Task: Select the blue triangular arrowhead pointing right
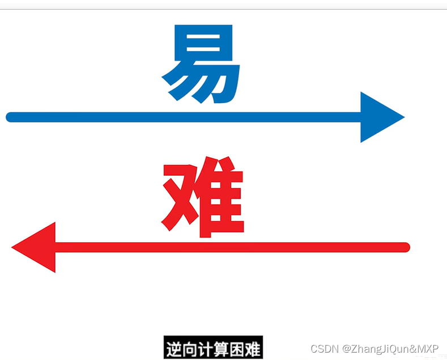click(380, 117)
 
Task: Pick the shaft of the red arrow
click(227, 247)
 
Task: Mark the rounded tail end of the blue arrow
click(10, 117)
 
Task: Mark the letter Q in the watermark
click(389, 348)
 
